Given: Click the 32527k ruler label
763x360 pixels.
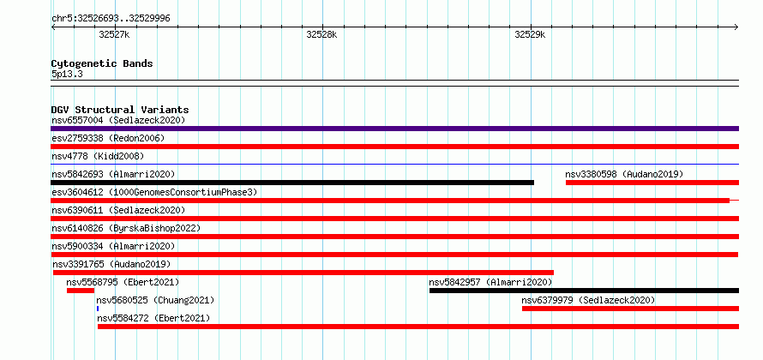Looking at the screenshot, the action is (114, 35).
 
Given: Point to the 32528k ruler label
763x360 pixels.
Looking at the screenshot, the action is (321, 35).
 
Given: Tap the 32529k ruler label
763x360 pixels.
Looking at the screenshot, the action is (530, 35).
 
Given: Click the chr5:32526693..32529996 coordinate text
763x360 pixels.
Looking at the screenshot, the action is (111, 19).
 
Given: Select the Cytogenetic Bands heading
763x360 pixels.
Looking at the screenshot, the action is (102, 63).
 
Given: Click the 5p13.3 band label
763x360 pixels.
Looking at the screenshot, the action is (67, 75).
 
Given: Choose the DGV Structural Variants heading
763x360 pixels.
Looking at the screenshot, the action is (120, 110).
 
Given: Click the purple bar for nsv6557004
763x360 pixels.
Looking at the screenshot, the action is (394, 129).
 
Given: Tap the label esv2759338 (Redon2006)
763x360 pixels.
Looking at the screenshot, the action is (108, 138).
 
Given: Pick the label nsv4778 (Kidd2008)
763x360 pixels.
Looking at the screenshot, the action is (98, 156).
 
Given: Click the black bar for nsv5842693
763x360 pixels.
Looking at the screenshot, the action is (292, 183).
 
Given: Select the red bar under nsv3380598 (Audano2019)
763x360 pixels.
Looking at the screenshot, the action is (652, 183).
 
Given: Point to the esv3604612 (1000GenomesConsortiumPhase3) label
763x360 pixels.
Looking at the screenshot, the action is (154, 192).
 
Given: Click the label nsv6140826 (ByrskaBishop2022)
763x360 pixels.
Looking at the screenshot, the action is (126, 228).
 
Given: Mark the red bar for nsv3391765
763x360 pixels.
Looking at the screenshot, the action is (303, 273).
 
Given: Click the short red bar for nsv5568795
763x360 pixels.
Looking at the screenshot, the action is (81, 291).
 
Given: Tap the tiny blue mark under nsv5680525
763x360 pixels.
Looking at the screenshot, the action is (98, 309).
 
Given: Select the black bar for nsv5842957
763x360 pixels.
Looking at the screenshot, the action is (584, 291).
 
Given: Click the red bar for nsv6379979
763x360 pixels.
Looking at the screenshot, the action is (631, 309).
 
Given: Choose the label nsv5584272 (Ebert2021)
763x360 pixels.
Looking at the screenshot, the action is (153, 318).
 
